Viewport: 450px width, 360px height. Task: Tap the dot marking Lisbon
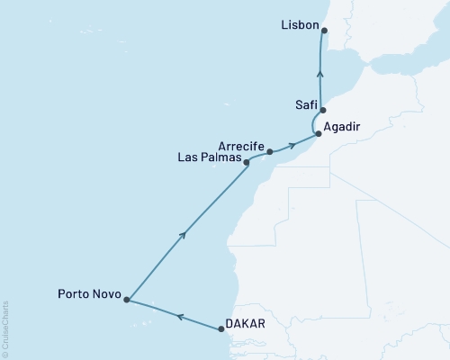point(325,31)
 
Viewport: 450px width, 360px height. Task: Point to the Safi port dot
point(322,110)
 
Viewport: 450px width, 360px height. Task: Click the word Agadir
point(343,128)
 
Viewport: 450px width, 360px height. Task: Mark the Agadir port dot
point(318,134)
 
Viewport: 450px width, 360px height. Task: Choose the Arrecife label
point(242,144)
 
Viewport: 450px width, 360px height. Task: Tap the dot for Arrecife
point(270,151)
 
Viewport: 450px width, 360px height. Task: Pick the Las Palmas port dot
point(246,163)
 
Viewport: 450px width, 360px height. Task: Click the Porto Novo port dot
point(127,300)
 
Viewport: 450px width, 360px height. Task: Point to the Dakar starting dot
point(221,328)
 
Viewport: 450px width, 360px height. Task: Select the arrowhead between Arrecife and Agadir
point(292,145)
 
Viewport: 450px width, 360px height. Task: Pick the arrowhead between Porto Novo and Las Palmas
point(184,235)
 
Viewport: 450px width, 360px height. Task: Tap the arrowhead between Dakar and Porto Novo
point(178,316)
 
